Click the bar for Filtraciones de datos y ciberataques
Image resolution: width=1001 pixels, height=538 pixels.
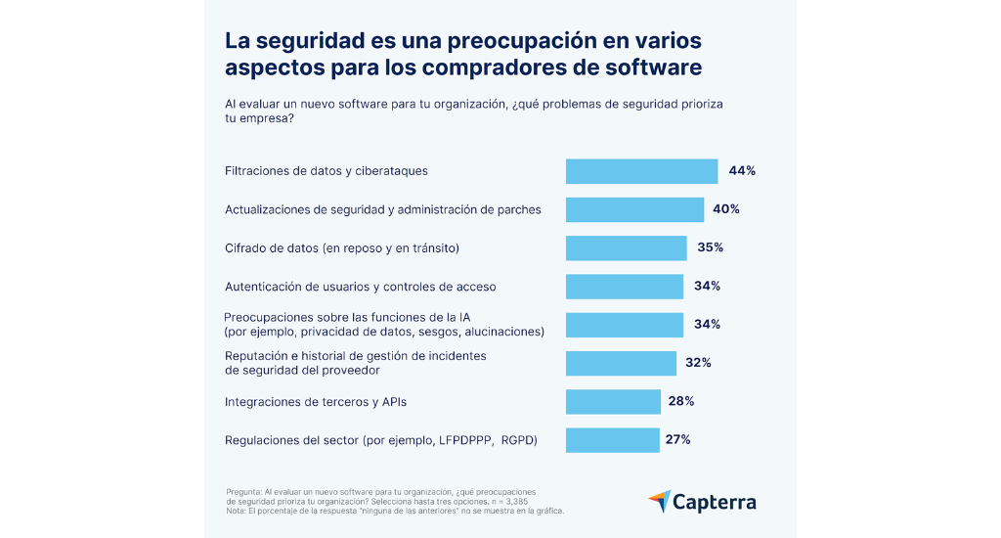(641, 171)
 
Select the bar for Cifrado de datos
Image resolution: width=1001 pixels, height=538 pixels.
(626, 247)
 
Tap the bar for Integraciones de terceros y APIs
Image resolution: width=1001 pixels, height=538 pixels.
(613, 401)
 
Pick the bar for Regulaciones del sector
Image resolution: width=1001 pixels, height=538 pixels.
(612, 439)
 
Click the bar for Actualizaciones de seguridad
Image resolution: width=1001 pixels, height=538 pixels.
(634, 209)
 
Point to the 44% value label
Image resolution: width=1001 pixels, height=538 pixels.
(742, 171)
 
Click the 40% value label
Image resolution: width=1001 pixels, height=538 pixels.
(726, 209)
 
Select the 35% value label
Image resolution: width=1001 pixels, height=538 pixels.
(710, 247)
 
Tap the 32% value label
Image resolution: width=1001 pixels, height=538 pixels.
(698, 363)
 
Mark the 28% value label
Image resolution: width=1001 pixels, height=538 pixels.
(681, 401)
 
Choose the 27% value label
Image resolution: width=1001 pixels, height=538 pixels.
(678, 439)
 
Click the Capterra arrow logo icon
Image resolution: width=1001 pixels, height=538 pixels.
(659, 501)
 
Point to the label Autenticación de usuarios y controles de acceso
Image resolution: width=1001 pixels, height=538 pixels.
(361, 287)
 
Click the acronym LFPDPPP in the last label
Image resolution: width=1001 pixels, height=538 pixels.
(466, 440)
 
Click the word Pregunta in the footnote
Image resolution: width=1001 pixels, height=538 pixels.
(243, 491)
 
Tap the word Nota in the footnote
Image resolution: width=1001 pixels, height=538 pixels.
(235, 511)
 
